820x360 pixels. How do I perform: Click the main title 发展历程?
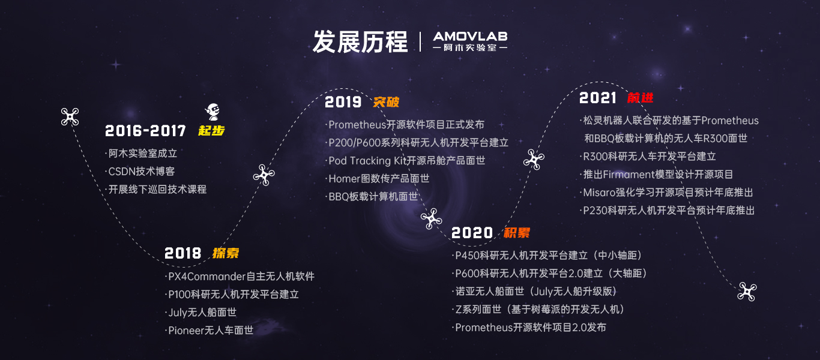tap(360, 42)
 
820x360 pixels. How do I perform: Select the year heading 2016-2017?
tap(145, 131)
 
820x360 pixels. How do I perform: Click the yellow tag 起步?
tap(211, 131)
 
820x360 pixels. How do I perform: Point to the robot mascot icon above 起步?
tap(213, 112)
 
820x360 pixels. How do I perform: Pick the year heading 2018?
tap(182, 253)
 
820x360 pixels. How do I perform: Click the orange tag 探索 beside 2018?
tap(226, 253)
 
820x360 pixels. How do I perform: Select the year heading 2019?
tap(343, 102)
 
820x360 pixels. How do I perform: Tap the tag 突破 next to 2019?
tap(386, 102)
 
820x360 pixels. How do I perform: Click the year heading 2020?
tap(472, 233)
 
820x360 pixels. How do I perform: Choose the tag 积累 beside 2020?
tap(516, 233)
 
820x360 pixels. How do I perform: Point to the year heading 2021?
tap(598, 98)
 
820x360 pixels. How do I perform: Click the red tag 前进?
tap(641, 98)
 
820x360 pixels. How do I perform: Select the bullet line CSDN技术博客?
tap(141, 171)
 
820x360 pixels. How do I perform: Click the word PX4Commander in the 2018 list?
tap(207, 276)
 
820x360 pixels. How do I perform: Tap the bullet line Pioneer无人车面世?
tap(210, 331)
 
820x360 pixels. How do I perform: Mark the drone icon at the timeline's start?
tap(70, 117)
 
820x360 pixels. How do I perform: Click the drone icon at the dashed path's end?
tap(747, 292)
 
